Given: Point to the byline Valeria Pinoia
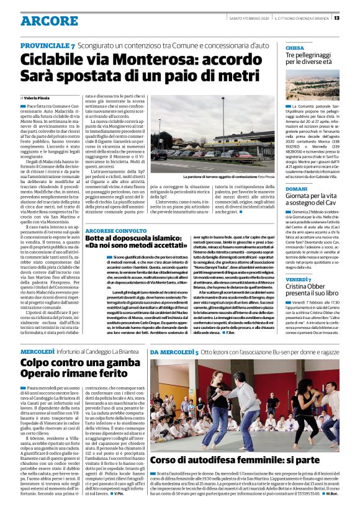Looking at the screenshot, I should pos(37,97).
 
